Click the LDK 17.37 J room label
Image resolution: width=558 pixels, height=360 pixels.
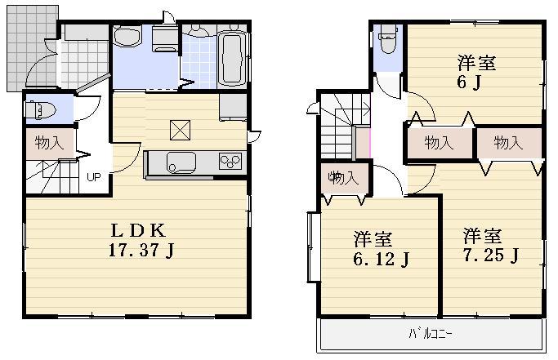(x=141, y=239)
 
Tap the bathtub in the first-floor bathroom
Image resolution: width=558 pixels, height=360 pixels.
(x=233, y=59)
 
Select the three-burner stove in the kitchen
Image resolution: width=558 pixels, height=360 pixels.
(x=230, y=162)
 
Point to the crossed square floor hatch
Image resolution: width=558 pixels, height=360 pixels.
(x=180, y=129)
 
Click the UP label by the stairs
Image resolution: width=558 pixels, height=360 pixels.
(x=94, y=177)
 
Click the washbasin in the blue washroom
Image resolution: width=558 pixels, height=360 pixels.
(x=127, y=38)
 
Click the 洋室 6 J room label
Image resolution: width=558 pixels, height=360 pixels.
(x=476, y=72)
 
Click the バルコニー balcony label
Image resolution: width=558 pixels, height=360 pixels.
(x=431, y=334)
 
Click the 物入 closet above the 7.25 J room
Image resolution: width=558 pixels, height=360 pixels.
(x=508, y=144)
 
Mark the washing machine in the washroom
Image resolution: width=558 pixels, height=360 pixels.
(x=165, y=38)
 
